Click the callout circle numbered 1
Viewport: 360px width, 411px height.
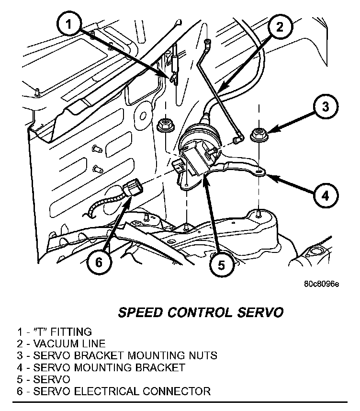70,24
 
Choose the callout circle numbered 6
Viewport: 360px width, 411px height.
99,262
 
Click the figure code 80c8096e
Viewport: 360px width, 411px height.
321,284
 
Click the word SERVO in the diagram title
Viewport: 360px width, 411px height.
263,313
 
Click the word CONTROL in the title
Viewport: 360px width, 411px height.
202,313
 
